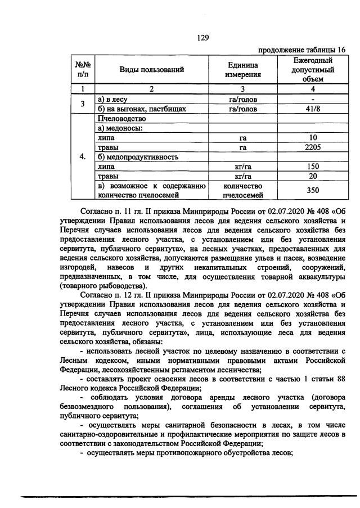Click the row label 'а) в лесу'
114,99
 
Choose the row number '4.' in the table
83,157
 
